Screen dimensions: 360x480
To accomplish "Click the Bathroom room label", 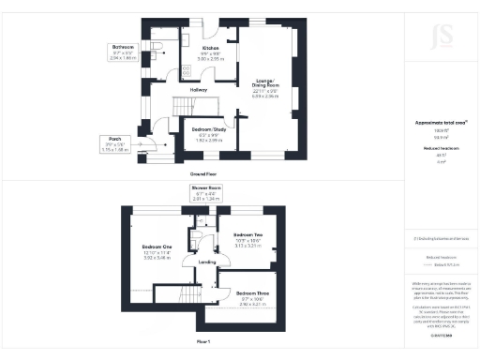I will [123, 47].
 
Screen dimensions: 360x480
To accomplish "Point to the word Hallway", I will [198, 90].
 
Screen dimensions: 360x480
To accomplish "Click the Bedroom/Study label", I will [208, 128].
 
